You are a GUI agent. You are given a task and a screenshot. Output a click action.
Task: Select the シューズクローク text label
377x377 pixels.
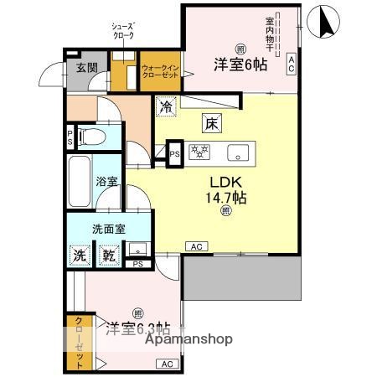click(x=124, y=31)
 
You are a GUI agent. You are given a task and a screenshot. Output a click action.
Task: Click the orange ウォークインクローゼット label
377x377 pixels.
click(x=159, y=72)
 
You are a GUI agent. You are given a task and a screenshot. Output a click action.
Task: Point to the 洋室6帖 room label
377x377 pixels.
click(x=240, y=64)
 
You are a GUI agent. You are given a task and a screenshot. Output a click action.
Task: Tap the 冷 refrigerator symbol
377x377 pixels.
click(x=167, y=107)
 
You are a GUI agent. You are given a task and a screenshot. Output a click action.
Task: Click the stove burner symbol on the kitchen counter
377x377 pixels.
click(x=202, y=152)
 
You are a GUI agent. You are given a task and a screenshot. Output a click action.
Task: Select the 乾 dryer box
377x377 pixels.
click(x=108, y=256)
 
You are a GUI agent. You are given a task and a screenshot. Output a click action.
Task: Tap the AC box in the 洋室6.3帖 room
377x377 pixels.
click(x=166, y=364)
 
